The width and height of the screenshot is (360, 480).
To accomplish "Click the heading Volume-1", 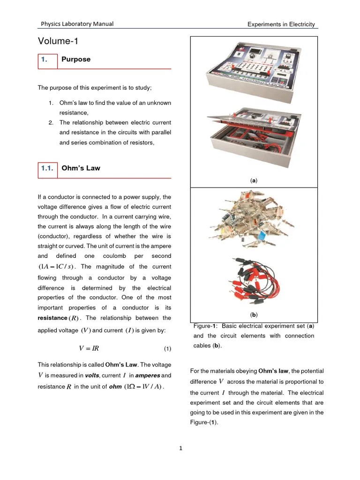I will pos(58,42).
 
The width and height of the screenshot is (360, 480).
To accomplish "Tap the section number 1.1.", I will pos(47,168).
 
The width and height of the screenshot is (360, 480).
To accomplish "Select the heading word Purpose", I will pos(76,60).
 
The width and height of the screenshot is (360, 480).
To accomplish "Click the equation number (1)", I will pos(168,349).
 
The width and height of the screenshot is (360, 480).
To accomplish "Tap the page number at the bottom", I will pos(181,449).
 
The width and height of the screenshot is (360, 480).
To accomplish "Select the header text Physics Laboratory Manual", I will pos(77,24).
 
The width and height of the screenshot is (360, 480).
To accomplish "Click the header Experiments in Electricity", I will pos(281,24).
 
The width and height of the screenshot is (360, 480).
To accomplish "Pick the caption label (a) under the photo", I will pos(254,180).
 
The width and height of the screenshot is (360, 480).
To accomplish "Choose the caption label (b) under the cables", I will pos(254,315).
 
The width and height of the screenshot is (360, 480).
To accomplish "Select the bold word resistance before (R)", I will pos(52,318).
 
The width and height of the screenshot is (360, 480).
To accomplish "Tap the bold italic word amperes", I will pos(148,375).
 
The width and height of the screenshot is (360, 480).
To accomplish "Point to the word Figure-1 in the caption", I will pos(205,326).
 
